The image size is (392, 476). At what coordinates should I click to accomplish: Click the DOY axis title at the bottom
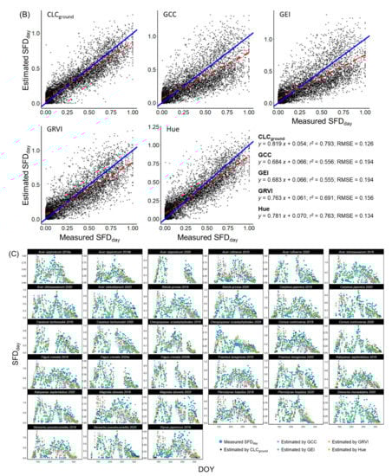click(196, 467)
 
